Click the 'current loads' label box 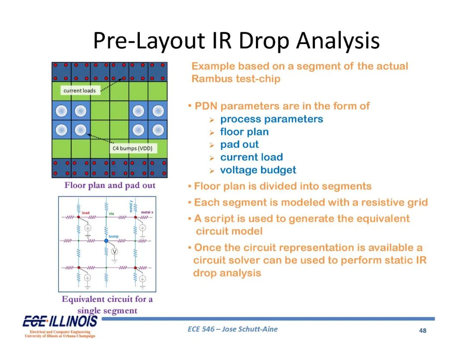(80, 90)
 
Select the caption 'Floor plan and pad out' (110, 185)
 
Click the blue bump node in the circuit (107, 240)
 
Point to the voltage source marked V (114, 252)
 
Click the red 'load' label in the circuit (85, 213)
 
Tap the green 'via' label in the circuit (111, 213)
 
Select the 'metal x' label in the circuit (147, 212)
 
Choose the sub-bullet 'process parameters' (272, 119)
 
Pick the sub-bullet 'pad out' (239, 145)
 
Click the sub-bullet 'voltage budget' (258, 170)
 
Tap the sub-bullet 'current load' (252, 157)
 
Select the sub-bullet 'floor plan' (245, 132)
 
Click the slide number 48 (422, 331)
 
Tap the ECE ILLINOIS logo (60, 326)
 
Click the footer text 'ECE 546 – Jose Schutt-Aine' (233, 329)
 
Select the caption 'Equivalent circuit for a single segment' (107, 305)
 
